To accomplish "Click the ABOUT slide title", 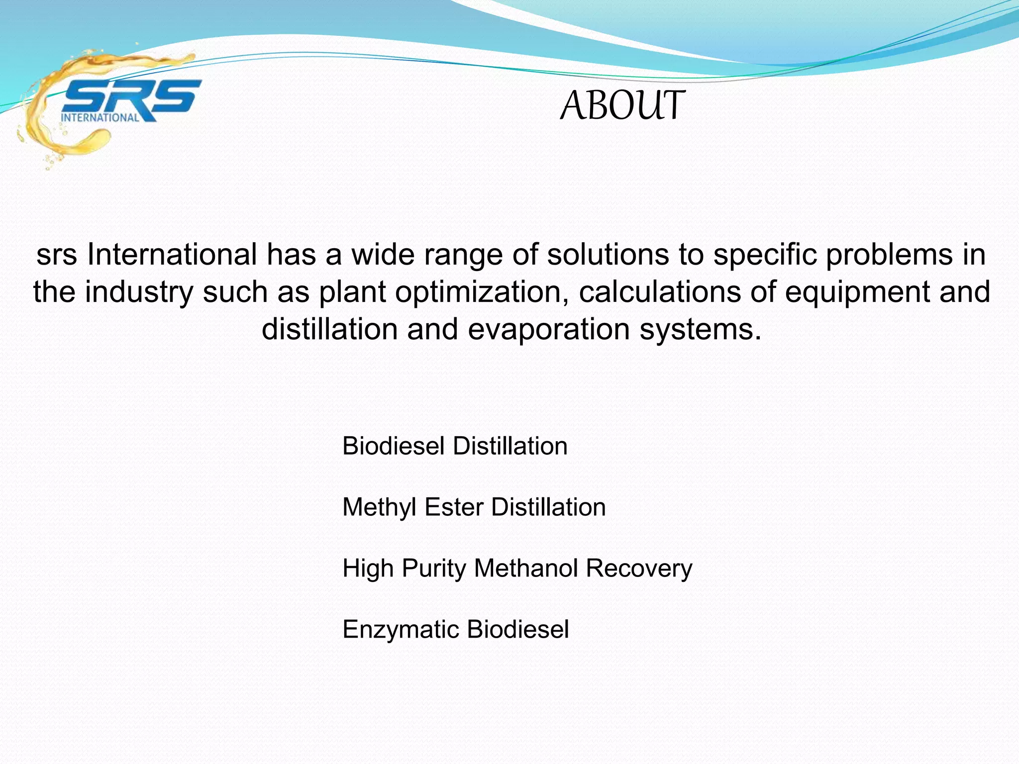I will (622, 106).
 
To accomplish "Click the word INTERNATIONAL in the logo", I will (100, 118).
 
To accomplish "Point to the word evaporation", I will (549, 329).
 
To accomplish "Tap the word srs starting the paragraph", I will (56, 255).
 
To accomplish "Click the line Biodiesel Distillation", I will (455, 446).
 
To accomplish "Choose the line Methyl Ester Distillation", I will (474, 507).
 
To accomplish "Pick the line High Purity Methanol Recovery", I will (517, 569).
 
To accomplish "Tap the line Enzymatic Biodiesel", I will (455, 629).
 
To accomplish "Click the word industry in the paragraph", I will (139, 292).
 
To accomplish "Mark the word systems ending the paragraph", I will (700, 329).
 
